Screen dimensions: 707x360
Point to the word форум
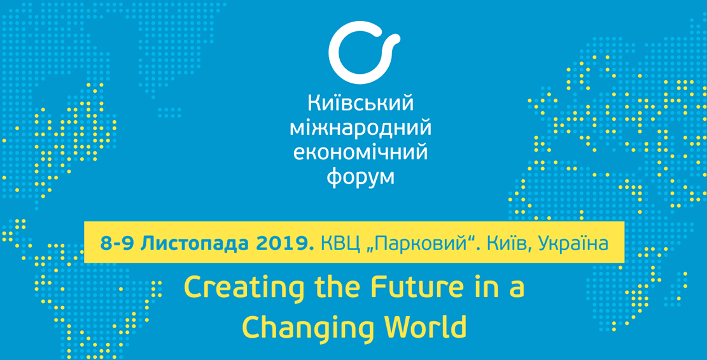click(x=361, y=177)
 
